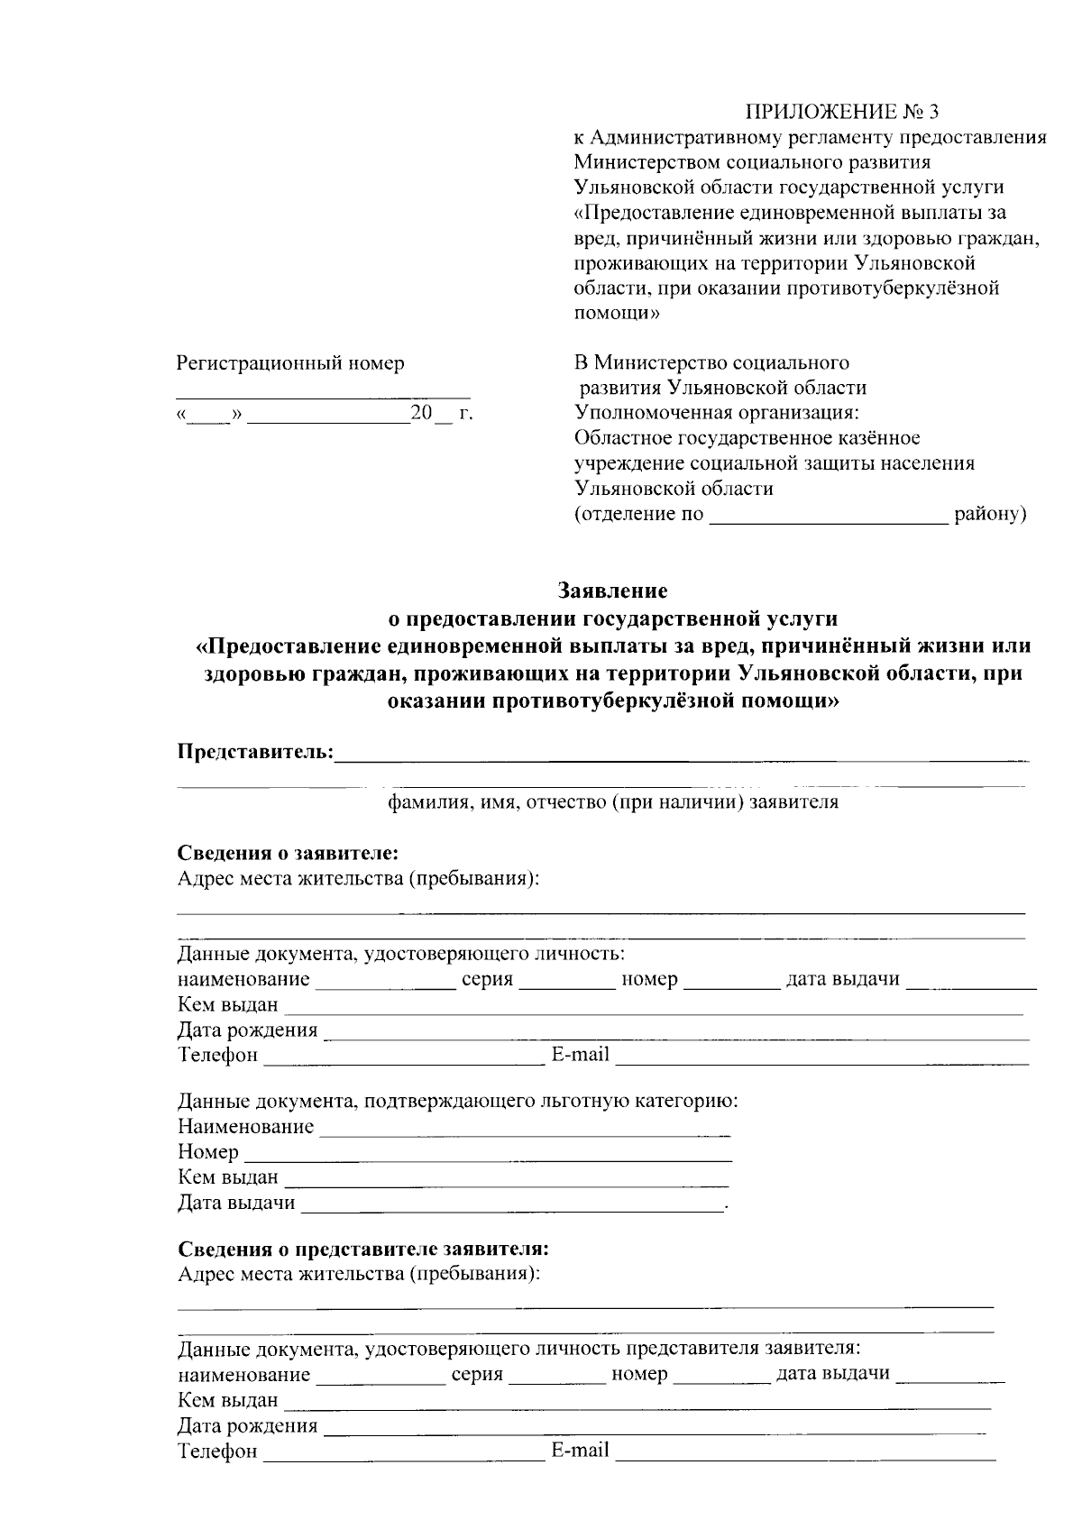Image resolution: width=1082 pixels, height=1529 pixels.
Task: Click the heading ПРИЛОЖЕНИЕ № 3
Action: [x=840, y=112]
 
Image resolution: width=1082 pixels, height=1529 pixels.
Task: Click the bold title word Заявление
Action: [x=612, y=591]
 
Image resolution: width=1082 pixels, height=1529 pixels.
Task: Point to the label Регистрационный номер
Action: [x=289, y=363]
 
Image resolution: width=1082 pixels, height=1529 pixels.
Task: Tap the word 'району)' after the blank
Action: [x=990, y=515]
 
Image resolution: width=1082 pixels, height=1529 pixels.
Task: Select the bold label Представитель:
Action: [x=255, y=752]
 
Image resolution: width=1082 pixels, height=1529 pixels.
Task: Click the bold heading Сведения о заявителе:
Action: [x=288, y=853]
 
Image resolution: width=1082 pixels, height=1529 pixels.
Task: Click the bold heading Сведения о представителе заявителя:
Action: [x=363, y=1249]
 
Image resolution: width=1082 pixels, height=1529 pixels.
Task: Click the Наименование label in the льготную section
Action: [x=245, y=1126]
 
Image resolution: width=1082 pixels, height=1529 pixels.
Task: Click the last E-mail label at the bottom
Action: [x=580, y=1451]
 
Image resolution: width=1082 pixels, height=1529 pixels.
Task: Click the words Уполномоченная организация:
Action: [x=717, y=413]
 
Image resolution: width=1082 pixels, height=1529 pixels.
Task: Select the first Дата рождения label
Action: [x=247, y=1030]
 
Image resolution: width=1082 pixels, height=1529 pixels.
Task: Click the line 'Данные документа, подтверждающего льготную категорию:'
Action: [x=458, y=1101]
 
